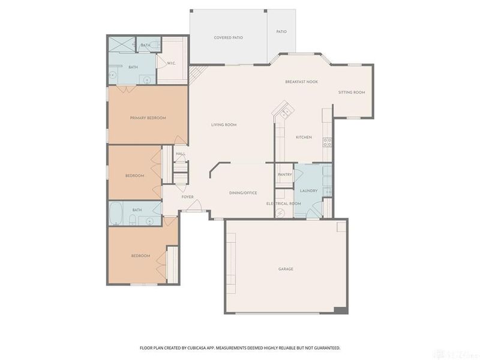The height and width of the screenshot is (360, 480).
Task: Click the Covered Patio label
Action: pyautogui.click(x=229, y=38)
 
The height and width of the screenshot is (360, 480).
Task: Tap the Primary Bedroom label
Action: pyautogui.click(x=148, y=118)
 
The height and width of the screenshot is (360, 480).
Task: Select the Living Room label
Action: pyautogui.click(x=224, y=125)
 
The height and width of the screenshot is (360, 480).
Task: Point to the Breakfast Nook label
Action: pyautogui.click(x=302, y=82)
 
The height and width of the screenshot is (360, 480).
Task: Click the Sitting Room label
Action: pyautogui.click(x=352, y=92)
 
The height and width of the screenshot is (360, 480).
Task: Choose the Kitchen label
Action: pyautogui.click(x=304, y=137)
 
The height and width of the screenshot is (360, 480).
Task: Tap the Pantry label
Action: pyautogui.click(x=285, y=175)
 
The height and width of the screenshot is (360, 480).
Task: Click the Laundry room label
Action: pyautogui.click(x=309, y=191)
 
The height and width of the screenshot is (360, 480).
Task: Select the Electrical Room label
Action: pyautogui.click(x=284, y=204)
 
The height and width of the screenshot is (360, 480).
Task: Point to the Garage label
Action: pyautogui.click(x=286, y=269)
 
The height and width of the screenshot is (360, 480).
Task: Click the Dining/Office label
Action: pyautogui.click(x=244, y=193)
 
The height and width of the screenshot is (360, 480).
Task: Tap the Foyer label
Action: pyautogui.click(x=188, y=197)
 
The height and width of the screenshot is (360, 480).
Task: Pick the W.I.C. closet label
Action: pyautogui.click(x=172, y=64)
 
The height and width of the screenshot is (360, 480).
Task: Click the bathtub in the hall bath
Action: pyautogui.click(x=116, y=213)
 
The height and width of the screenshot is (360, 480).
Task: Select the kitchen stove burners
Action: pyautogui.click(x=327, y=142)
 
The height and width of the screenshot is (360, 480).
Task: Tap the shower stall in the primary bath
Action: pyautogui.click(x=122, y=44)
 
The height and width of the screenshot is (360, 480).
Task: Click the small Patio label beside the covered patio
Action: pyautogui.click(x=281, y=32)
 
